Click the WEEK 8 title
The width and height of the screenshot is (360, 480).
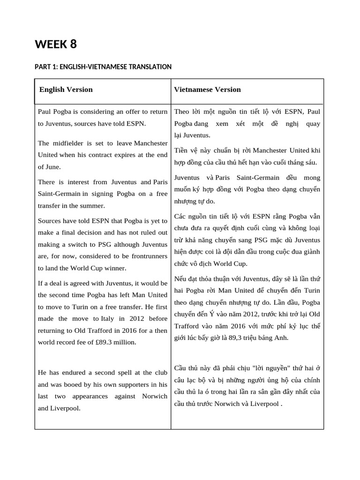(x=56, y=45)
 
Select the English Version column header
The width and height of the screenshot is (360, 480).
(x=66, y=90)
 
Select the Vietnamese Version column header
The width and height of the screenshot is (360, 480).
(x=207, y=90)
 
